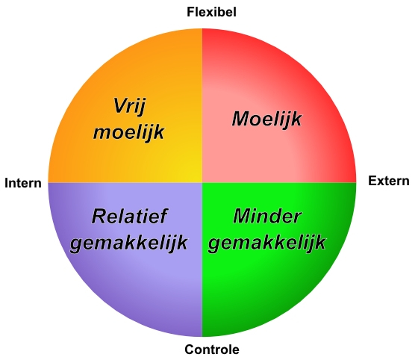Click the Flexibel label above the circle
tap(211, 12)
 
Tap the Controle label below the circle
tap(212, 350)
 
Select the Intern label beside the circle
tap(23, 183)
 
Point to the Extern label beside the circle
tap(389, 181)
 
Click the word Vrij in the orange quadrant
tap(130, 107)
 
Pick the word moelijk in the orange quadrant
tap(128, 131)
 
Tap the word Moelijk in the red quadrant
tap(267, 119)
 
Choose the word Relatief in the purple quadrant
tap(130, 216)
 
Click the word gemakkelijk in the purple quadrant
tap(128, 243)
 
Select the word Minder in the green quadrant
tap(267, 216)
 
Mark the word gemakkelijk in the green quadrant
tap(267, 243)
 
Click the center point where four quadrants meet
tap(202, 183)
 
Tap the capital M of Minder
tap(243, 216)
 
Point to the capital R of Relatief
tap(99, 216)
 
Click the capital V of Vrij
tap(120, 105)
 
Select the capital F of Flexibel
tap(190, 12)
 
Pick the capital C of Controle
tap(190, 350)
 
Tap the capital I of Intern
tap(7, 183)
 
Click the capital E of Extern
tap(372, 181)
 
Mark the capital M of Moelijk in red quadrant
tap(242, 119)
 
